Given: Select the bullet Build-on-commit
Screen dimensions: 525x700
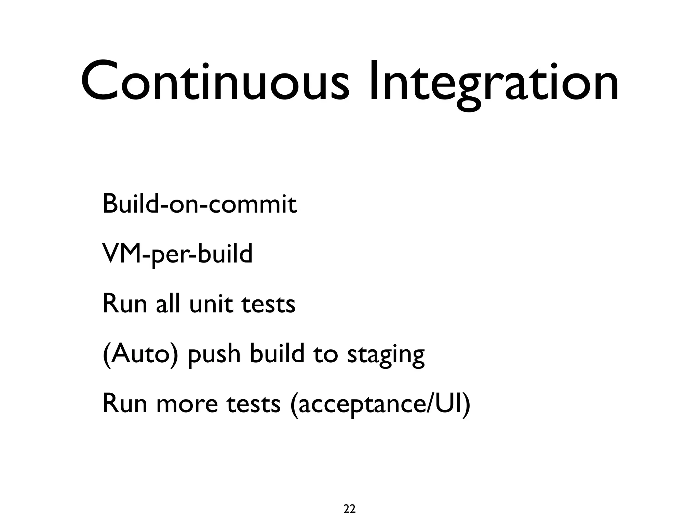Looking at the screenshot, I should [x=200, y=204].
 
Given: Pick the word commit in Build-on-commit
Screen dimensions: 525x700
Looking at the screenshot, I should [x=253, y=204].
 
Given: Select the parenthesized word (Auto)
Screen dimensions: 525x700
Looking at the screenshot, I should [x=140, y=354].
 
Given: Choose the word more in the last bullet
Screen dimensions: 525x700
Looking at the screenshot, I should [x=187, y=404].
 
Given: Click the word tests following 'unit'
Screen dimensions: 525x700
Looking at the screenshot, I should [x=268, y=304].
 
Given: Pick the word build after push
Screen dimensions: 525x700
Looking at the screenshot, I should [x=277, y=354].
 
